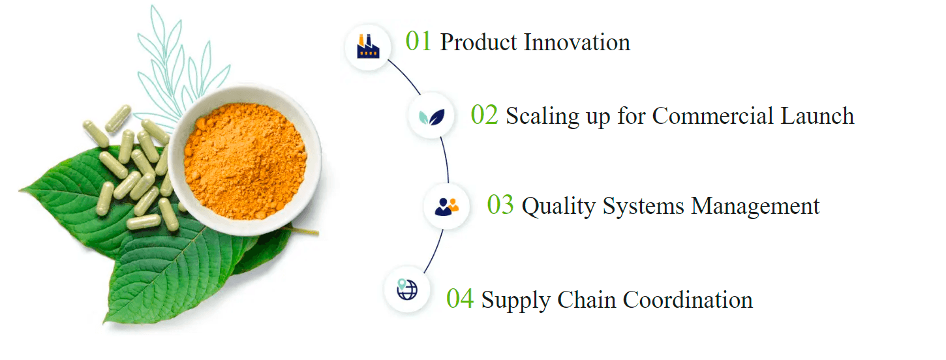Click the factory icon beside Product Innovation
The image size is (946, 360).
368,46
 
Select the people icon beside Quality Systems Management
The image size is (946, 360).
446,207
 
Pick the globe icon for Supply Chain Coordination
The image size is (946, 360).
407,290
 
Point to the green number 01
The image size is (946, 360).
418,42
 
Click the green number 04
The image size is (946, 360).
460,299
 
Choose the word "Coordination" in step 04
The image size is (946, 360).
688,299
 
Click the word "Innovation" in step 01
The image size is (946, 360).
577,42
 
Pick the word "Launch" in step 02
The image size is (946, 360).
817,115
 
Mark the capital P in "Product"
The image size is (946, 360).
448,42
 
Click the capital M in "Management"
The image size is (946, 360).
702,206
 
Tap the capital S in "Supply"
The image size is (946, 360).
488,299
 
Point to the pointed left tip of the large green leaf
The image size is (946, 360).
19,191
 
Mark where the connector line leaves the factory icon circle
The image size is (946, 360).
388,60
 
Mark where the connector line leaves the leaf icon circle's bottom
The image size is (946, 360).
440,137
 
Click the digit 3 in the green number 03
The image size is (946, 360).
508,205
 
